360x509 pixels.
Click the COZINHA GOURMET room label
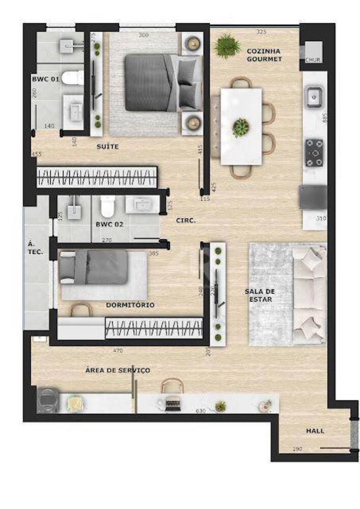(x=264, y=55)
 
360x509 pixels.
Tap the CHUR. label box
(x=312, y=60)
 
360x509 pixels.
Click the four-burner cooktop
(x=315, y=153)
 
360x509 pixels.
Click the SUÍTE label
(x=107, y=147)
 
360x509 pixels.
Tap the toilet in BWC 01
(x=75, y=78)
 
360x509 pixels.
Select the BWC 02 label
(x=109, y=224)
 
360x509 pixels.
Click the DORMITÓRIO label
(x=130, y=305)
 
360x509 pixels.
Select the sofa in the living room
(x=310, y=294)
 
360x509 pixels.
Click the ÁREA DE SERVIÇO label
(x=118, y=370)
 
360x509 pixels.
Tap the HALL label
(x=315, y=431)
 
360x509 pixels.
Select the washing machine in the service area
(x=49, y=400)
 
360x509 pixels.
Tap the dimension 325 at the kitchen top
(x=261, y=32)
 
